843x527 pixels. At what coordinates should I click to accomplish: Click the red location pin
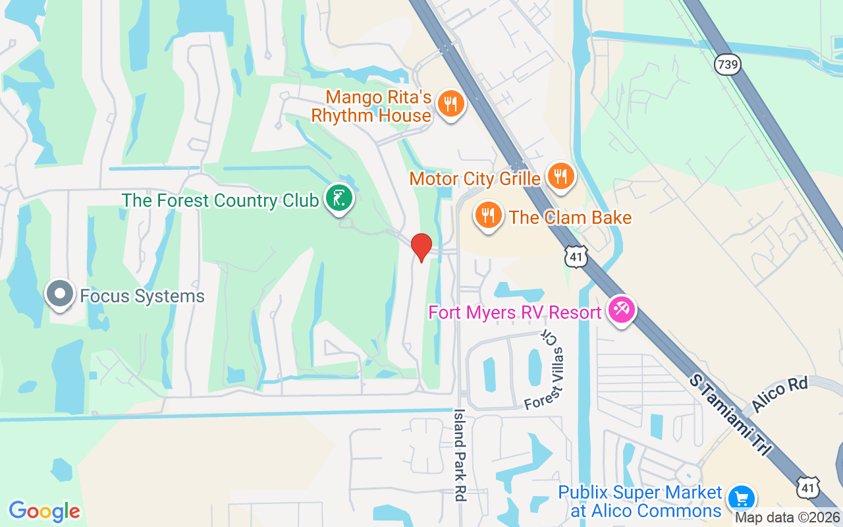pos(421,247)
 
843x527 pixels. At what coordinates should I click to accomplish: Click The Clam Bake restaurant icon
pos(488,215)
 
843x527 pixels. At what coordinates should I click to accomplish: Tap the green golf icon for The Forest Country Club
pos(339,198)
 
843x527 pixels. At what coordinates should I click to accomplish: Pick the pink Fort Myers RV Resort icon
pos(621,309)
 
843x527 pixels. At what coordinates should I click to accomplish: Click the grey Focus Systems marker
pos(60,294)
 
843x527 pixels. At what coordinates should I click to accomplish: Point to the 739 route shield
pos(727,65)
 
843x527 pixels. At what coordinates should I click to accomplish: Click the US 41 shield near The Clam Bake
pos(576,256)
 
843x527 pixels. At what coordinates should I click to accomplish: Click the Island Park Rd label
pos(459,455)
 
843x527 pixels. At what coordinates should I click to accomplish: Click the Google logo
pos(44,511)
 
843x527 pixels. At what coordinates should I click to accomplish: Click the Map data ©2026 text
pos(788,518)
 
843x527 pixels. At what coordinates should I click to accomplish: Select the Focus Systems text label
pos(142,296)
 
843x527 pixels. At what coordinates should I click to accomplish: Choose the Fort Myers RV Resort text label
pos(516,312)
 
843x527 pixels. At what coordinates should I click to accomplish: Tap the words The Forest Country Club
pos(220,200)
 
